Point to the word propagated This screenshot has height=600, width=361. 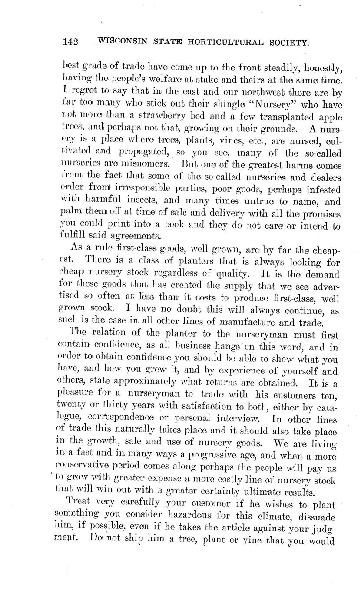(144, 153)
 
